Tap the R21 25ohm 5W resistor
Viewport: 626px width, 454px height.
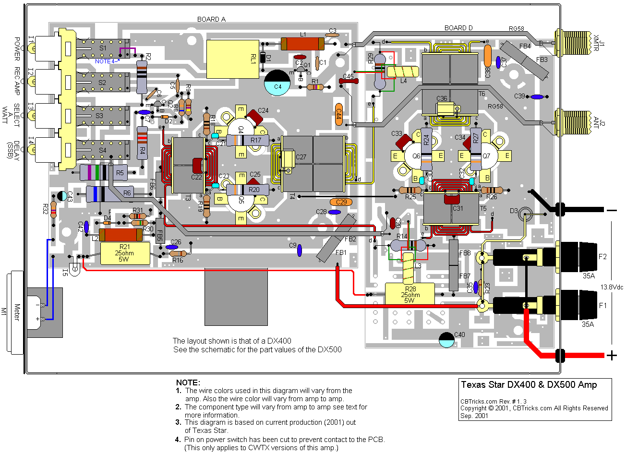[125, 253]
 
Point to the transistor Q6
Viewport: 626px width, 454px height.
[416, 156]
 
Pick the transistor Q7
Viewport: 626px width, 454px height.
[486, 156]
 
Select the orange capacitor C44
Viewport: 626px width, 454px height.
[338, 115]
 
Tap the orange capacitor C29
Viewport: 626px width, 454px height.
[341, 202]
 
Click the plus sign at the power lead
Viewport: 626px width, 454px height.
[612, 356]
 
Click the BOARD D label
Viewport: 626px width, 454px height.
[458, 28]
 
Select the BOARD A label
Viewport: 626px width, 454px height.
[211, 19]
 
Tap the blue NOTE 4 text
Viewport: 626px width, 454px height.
[107, 61]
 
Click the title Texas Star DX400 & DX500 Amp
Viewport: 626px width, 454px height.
[529, 385]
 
